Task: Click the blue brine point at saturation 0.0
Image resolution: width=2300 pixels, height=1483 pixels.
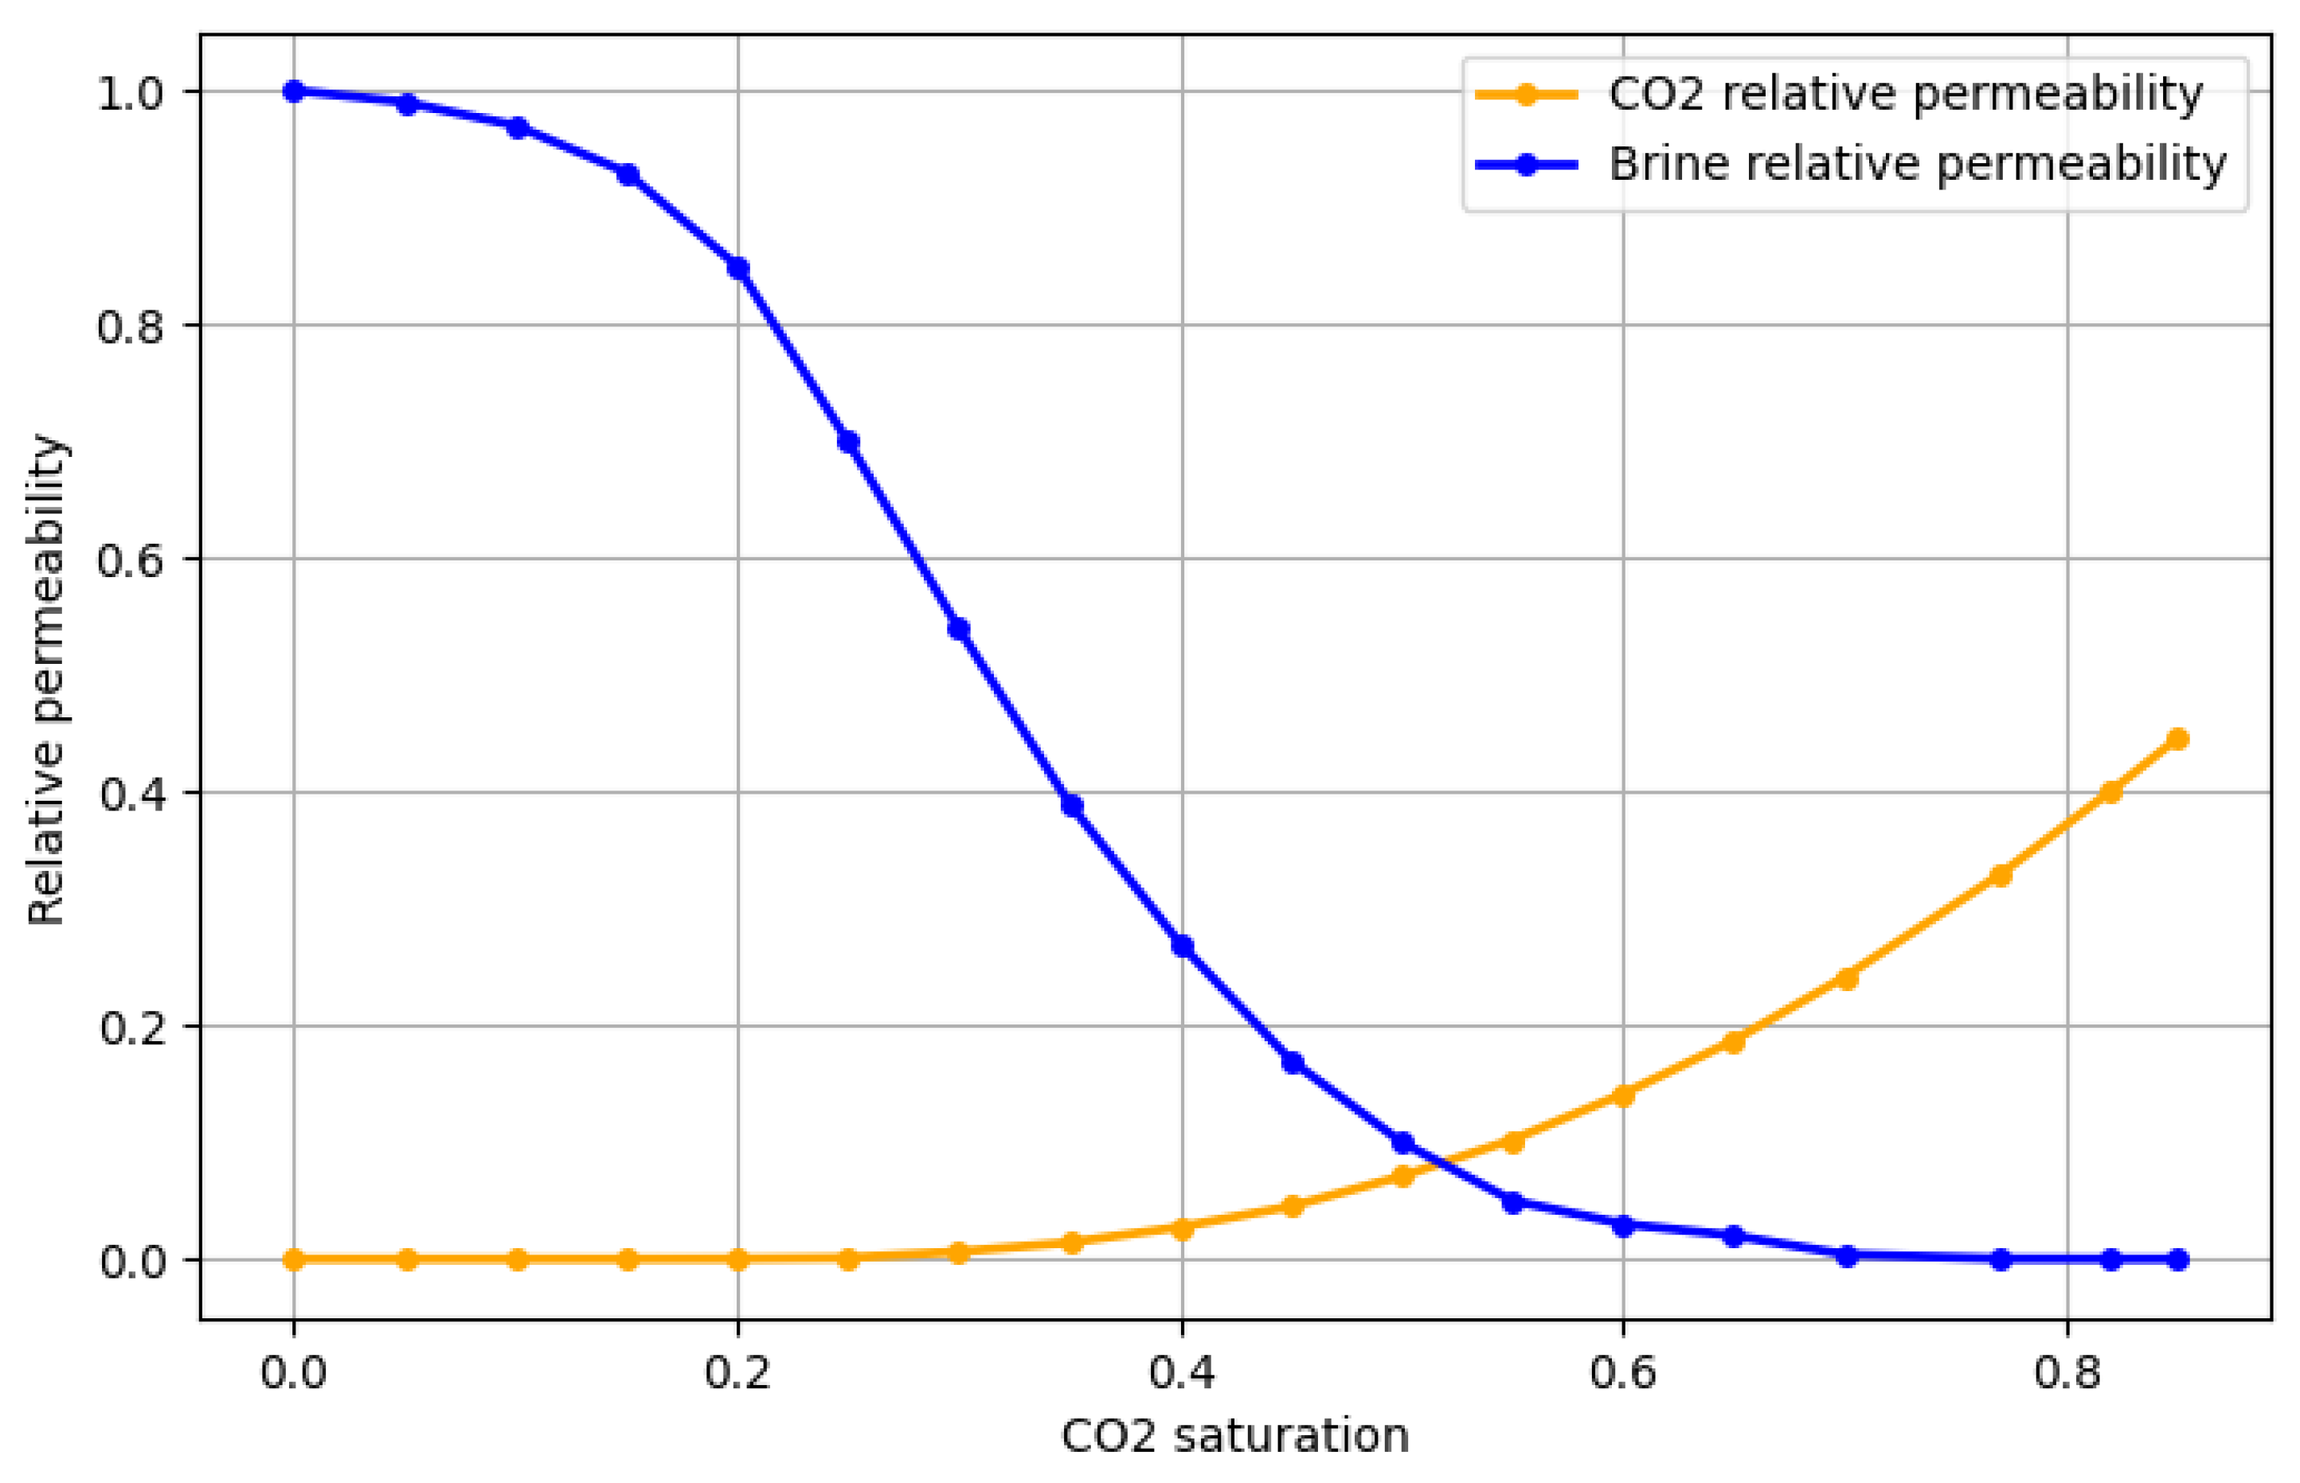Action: coord(294,92)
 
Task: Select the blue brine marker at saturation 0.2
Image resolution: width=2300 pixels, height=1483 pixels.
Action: coord(737,269)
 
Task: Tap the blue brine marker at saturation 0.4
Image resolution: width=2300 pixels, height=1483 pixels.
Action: coord(1182,946)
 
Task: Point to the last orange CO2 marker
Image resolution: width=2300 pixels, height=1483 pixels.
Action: coord(2177,739)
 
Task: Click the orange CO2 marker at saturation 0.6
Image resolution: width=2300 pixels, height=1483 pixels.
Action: coord(1623,1095)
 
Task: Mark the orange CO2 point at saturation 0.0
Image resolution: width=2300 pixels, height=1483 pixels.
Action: coord(294,1259)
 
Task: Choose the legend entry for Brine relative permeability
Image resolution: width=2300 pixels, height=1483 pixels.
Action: coord(1917,164)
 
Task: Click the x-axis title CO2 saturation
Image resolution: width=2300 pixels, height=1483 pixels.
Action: coord(1234,1436)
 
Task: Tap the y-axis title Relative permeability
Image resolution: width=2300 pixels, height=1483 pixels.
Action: coord(45,680)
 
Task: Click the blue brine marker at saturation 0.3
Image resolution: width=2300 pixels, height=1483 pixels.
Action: coord(958,629)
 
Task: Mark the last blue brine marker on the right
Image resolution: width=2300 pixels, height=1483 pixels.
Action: coord(2177,1259)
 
